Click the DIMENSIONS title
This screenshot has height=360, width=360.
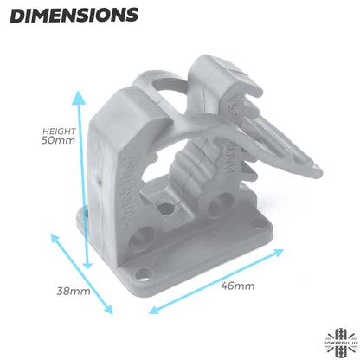(x=77, y=15)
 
